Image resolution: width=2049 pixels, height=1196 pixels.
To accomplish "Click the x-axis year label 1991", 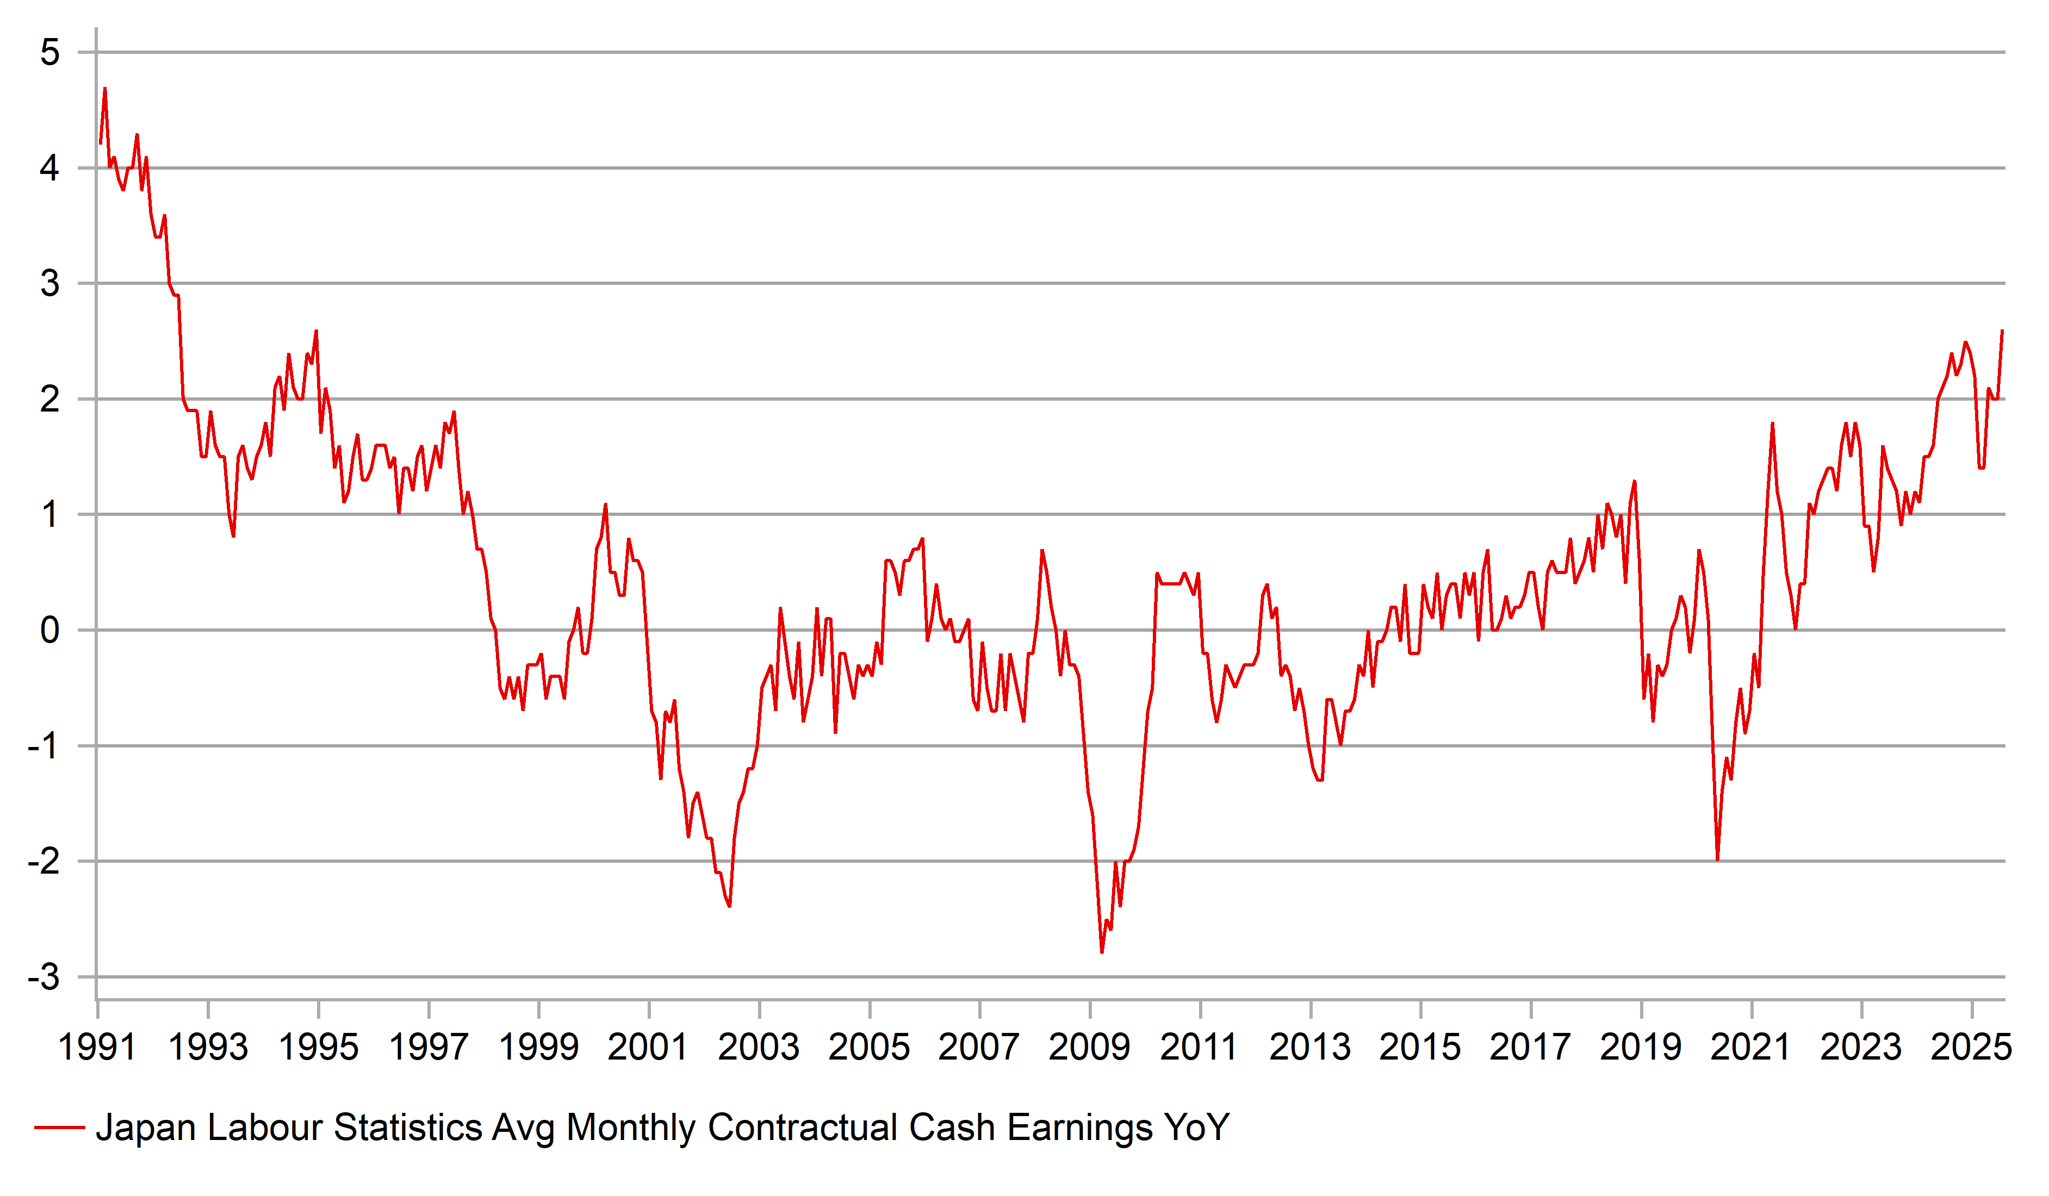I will pyautogui.click(x=97, y=1047).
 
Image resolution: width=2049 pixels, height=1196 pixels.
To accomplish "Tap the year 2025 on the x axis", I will pyautogui.click(x=1971, y=1047).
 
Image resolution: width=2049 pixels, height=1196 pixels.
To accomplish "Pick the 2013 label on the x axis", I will pyautogui.click(x=1310, y=1047).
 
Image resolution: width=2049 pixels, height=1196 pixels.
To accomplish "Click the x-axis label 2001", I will pyautogui.click(x=648, y=1047).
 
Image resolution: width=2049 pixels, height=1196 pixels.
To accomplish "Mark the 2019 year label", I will pyautogui.click(x=1640, y=1047).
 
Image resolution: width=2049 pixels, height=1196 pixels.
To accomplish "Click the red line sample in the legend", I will pyautogui.click(x=59, y=1128).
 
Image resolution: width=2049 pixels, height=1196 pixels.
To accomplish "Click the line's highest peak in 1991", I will pyautogui.click(x=105, y=88).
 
